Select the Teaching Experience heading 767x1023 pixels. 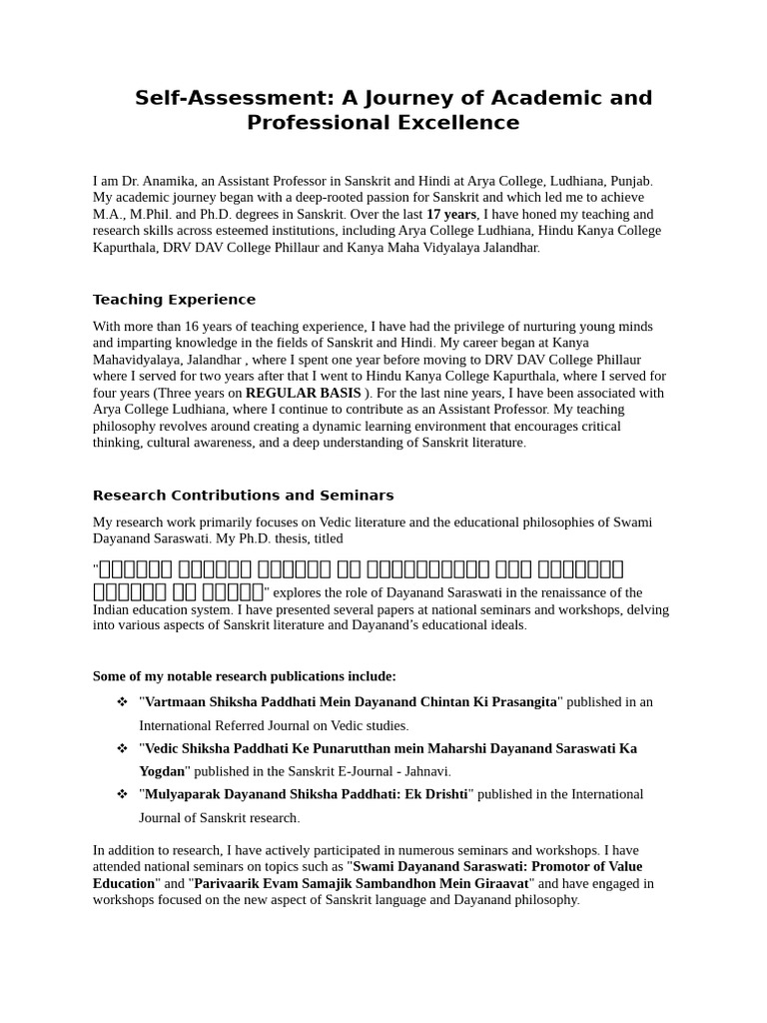pos(174,300)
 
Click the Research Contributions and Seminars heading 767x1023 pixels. pos(243,496)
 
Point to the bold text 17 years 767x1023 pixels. pos(451,214)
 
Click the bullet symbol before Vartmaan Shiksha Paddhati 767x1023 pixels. pos(122,702)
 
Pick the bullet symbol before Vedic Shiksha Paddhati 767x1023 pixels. pos(122,748)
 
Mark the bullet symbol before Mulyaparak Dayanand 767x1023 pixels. pos(122,794)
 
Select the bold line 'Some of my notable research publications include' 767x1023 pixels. pos(245,676)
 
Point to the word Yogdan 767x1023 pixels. pos(162,771)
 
